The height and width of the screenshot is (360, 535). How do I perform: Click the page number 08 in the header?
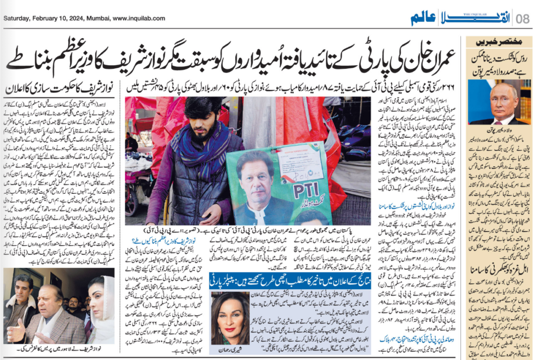point(522,19)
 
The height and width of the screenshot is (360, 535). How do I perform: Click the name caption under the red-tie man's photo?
point(494,128)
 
